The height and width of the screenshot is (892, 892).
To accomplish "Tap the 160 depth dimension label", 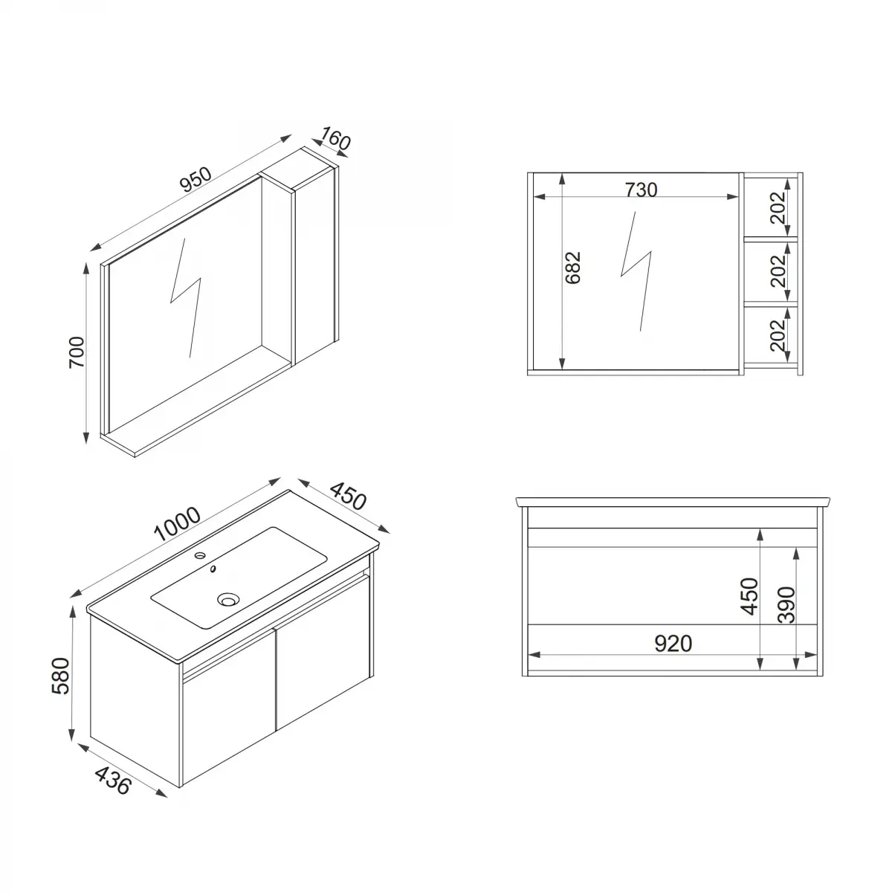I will coord(334,139).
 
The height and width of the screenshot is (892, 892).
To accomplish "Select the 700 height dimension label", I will coord(77,352).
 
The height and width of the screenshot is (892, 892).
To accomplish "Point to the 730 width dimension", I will coord(641,190).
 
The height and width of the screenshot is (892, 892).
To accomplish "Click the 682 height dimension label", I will coord(573,268).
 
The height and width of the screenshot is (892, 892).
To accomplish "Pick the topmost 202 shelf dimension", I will coord(778,207).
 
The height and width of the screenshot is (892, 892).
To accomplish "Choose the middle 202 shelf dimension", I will coord(778,271).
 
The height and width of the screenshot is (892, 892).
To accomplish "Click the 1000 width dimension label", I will coord(178,523).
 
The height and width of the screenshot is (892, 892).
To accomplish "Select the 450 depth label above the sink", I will coord(348,497).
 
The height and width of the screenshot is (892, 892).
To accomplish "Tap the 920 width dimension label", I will coord(673,644).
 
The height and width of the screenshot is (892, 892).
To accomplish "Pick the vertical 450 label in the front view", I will coord(749,595).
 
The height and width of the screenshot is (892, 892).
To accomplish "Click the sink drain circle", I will coord(228,598).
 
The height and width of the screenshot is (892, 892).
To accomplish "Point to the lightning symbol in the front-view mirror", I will coord(636,271).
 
